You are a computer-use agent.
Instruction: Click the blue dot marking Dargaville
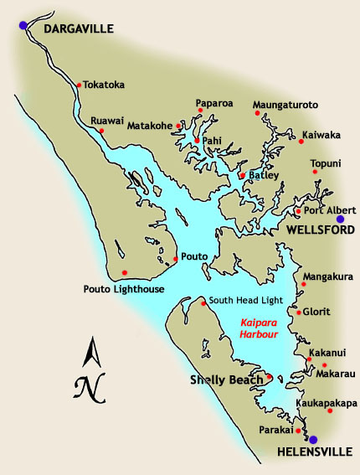pos(23,25)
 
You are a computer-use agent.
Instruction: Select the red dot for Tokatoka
pos(78,85)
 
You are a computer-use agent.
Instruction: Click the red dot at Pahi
pos(197,141)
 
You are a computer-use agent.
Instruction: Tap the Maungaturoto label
pos(285,106)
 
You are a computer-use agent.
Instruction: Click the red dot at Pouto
pos(175,257)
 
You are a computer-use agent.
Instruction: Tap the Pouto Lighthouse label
pos(119,289)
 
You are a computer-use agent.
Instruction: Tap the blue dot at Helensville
pos(313,439)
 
